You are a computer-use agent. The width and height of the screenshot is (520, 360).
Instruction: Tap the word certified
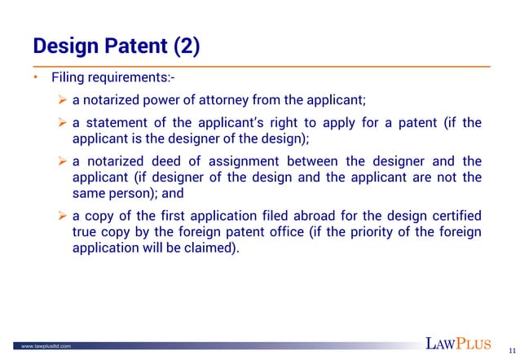point(452,216)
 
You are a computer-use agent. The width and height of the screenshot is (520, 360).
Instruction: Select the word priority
point(377,232)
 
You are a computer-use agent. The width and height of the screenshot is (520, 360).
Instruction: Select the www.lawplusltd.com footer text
point(46,346)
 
